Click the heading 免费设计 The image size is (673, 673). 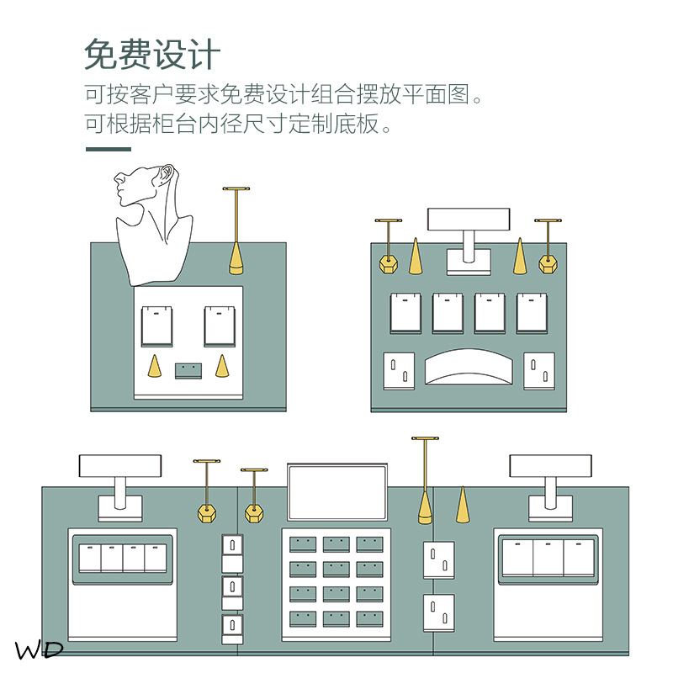pos(152,56)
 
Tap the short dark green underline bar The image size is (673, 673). pos(109,150)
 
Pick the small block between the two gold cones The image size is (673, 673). pos(188,370)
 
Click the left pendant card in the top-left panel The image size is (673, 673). pos(157,326)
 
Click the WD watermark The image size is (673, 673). pos(39,649)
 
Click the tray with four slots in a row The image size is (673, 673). pos(124,557)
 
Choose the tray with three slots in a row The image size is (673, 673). pos(548,557)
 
